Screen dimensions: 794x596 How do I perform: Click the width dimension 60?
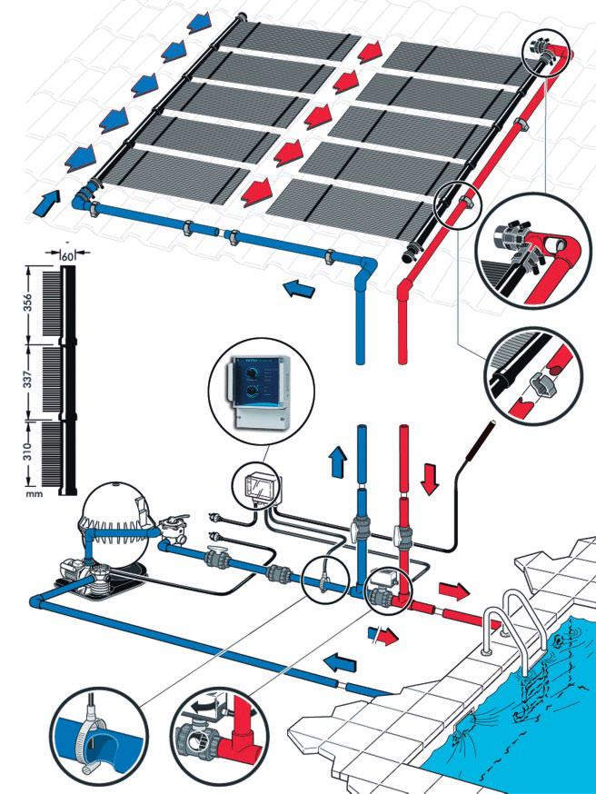pos(67,256)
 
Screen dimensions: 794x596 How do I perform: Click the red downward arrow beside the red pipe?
pos(431,478)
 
